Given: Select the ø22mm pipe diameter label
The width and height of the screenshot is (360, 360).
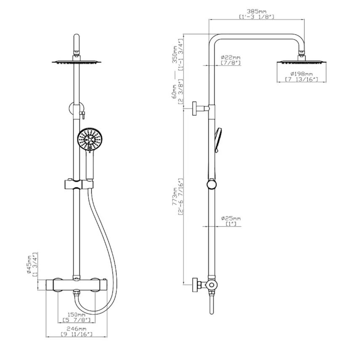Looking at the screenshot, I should (x=230, y=57).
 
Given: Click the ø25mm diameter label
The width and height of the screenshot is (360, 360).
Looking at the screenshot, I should (x=231, y=219).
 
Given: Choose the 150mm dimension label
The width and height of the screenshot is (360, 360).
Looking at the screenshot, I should (x=76, y=315).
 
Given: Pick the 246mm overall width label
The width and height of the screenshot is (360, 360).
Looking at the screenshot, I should (x=76, y=328).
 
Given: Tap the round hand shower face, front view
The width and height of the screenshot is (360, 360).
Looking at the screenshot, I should (x=88, y=140).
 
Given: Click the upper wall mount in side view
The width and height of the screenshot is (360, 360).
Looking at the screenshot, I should (x=198, y=108).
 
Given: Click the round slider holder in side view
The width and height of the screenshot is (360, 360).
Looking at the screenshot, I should (x=212, y=184).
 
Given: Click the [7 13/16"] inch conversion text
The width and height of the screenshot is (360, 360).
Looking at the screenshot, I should (x=301, y=79).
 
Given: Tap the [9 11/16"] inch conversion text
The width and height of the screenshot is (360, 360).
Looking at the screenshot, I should (x=76, y=334).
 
